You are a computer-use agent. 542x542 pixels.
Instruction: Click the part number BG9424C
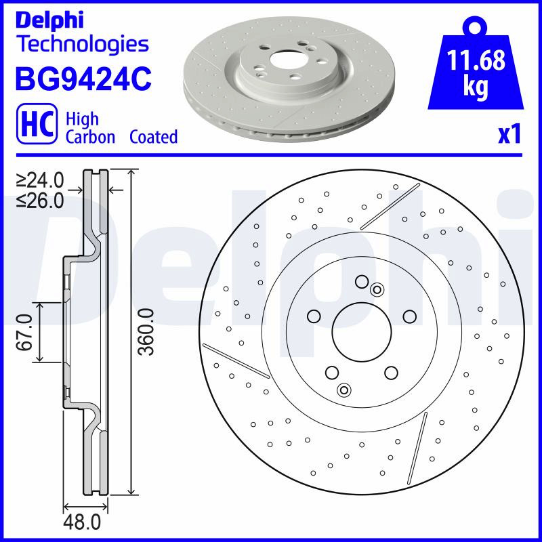point(83,79)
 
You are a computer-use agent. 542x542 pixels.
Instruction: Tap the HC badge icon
point(37,123)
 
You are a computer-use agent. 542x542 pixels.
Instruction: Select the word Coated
point(154,137)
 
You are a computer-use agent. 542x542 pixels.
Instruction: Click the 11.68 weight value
point(476,60)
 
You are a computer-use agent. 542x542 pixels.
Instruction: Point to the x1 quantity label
point(509,135)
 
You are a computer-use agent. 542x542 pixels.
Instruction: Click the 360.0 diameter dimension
point(146,332)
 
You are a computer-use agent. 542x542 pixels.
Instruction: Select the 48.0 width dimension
point(82,522)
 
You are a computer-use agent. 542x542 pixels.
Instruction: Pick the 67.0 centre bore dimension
point(25,332)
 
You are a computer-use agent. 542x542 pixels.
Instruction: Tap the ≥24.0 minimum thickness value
point(40,180)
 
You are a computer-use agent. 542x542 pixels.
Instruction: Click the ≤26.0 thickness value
point(40,201)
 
